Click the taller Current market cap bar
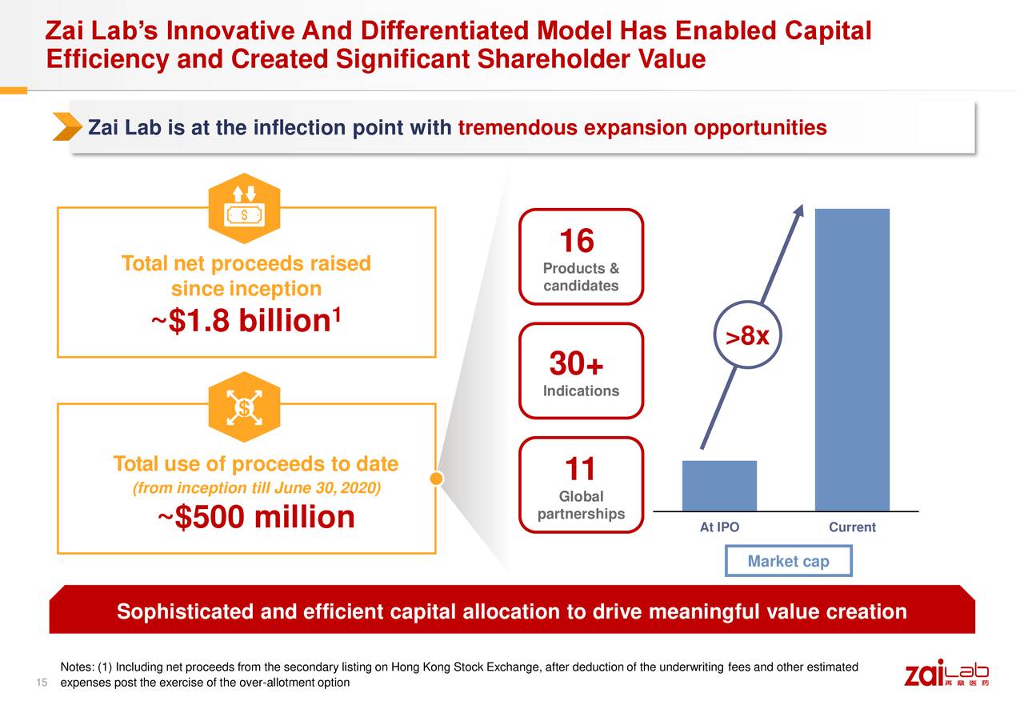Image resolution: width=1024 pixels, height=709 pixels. click(x=852, y=360)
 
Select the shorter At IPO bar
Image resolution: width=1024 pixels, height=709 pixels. click(x=719, y=486)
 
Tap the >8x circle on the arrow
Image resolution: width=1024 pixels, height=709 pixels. click(x=746, y=337)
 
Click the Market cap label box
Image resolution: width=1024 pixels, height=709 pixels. click(x=788, y=561)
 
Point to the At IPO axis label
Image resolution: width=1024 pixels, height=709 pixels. click(x=719, y=527)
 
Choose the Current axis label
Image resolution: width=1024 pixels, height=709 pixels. click(x=852, y=527)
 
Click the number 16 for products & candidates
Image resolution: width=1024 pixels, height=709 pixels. click(x=576, y=241)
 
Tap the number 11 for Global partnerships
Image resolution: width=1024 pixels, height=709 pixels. click(x=581, y=468)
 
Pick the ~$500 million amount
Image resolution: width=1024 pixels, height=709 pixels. click(x=256, y=518)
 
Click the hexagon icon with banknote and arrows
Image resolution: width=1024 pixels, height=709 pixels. click(x=244, y=208)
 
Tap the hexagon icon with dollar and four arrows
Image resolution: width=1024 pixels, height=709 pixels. click(x=244, y=407)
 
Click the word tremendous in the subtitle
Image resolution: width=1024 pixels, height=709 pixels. click(x=517, y=128)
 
